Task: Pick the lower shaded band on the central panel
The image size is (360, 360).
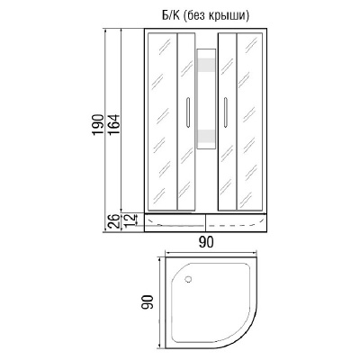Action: click(x=206, y=136)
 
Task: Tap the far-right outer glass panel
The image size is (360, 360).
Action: click(x=251, y=121)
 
